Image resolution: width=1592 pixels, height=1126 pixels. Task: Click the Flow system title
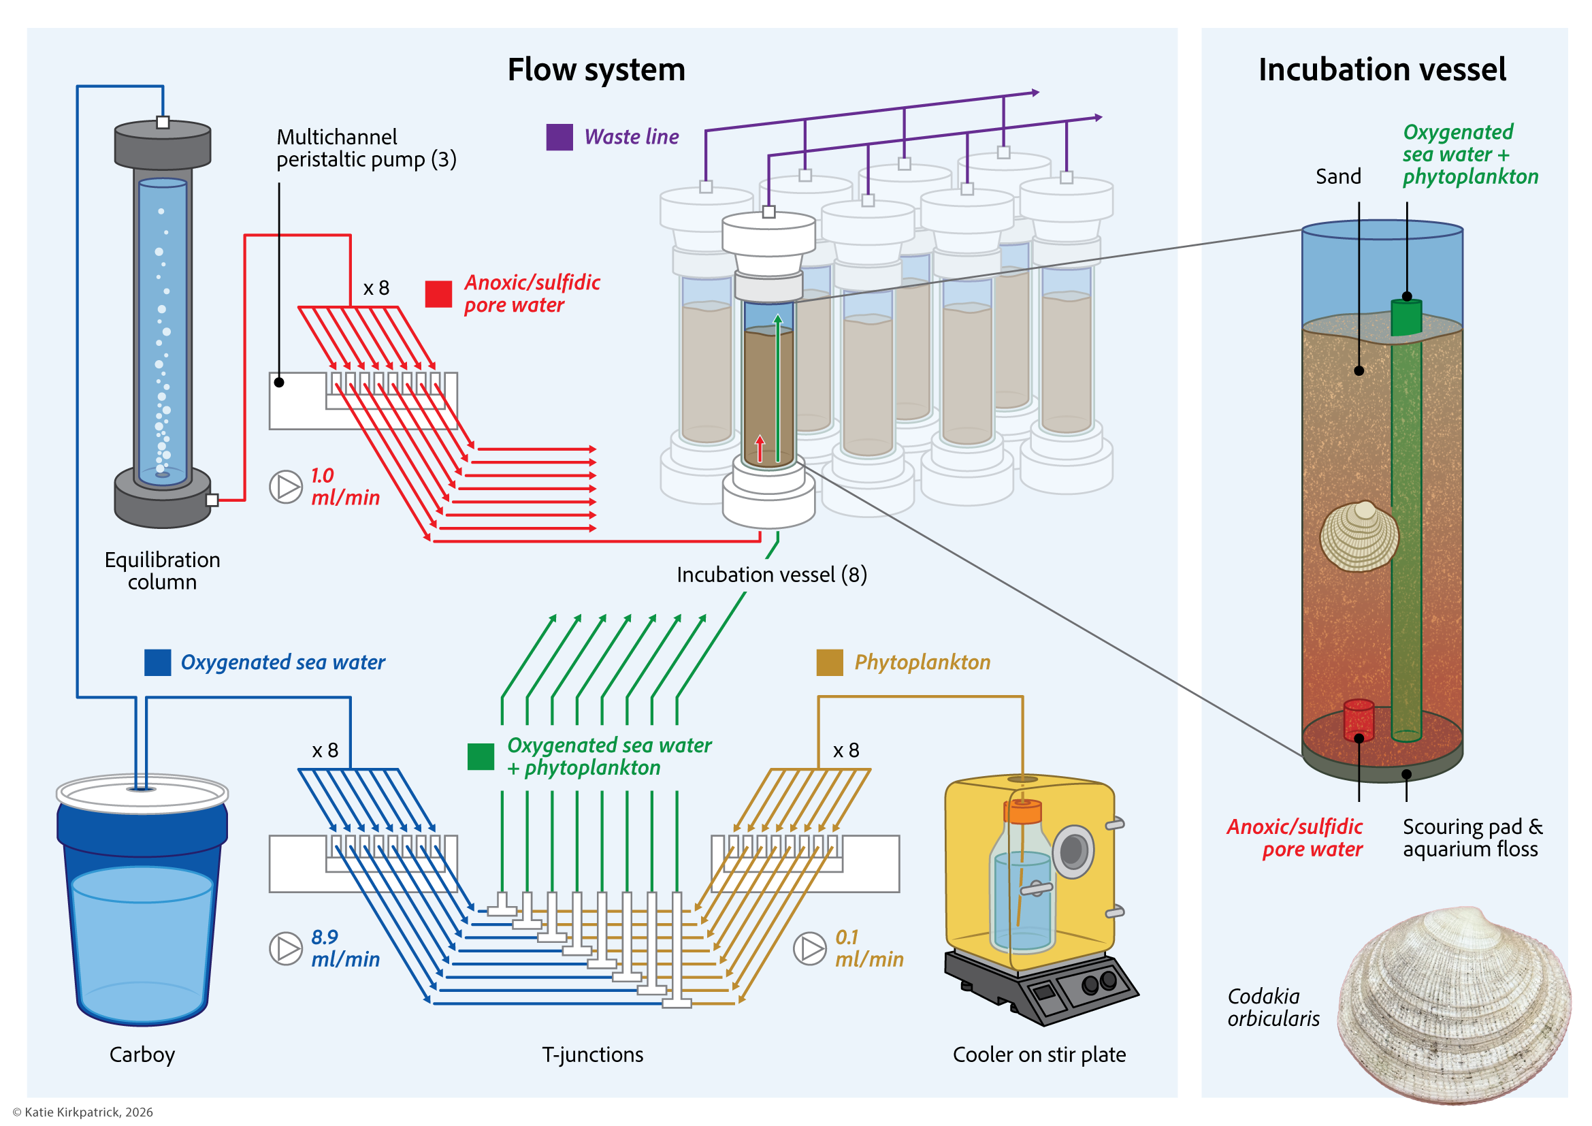pos(596,69)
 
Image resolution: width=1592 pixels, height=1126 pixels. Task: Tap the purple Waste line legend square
pos(559,137)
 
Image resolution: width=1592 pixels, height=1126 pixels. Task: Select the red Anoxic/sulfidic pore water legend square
pos(438,294)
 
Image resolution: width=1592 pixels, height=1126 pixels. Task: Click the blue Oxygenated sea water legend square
pos(157,662)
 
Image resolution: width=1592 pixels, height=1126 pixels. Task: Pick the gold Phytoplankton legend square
pos(829,662)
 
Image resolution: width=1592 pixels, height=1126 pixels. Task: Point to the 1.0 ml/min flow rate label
pos(344,486)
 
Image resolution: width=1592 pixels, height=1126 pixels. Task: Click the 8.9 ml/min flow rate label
pos(344,948)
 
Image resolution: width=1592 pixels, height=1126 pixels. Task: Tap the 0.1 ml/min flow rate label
pos(868,948)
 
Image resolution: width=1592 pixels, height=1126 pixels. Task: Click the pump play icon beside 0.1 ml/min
pos(809,948)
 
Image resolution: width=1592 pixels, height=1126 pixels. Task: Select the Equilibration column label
pos(162,570)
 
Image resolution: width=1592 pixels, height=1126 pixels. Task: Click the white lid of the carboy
pos(142,792)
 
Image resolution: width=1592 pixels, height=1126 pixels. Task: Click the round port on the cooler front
pos(1073,851)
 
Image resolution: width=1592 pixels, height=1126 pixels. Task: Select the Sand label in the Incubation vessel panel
pos(1337,176)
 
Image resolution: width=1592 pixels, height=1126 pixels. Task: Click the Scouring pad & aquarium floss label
pos(1472,837)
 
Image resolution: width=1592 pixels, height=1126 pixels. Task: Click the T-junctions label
pos(592,1055)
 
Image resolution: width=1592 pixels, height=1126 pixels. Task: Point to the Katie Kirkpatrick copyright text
pos(82,1112)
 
